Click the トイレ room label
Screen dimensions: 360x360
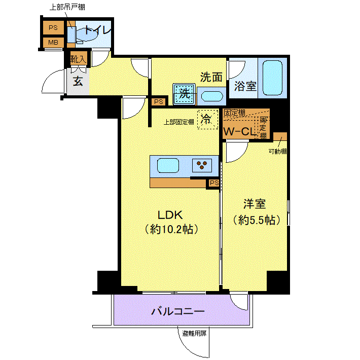(97, 30)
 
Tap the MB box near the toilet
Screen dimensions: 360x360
(53, 43)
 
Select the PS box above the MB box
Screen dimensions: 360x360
(53, 27)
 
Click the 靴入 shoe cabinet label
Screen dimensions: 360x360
(79, 59)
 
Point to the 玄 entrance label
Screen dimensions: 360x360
(78, 81)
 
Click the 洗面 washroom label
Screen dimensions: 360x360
(211, 78)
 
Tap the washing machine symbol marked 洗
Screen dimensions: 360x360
(184, 94)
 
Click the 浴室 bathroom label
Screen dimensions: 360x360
(245, 86)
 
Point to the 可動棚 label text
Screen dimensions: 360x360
(278, 151)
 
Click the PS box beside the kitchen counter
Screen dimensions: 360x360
(214, 183)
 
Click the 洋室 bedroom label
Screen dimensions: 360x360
(255, 204)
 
